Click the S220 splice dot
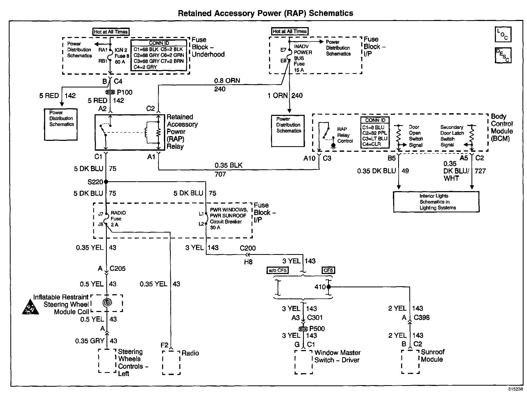click(x=106, y=182)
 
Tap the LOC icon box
click(x=503, y=34)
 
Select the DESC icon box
click(x=503, y=55)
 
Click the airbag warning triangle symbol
click(x=30, y=309)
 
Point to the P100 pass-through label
click(x=125, y=92)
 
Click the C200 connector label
click(x=248, y=248)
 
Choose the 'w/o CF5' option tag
click(x=278, y=271)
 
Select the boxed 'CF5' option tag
click(x=328, y=270)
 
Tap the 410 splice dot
click(x=329, y=287)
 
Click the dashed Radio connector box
click(x=171, y=363)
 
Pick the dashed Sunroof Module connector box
click(x=410, y=362)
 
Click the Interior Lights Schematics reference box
click(x=436, y=202)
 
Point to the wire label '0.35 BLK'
click(x=228, y=165)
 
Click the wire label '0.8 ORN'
click(x=227, y=81)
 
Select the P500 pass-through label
click(x=317, y=329)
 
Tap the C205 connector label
click(x=117, y=268)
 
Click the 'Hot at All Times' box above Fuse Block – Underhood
click(x=111, y=32)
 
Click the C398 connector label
click(x=422, y=318)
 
